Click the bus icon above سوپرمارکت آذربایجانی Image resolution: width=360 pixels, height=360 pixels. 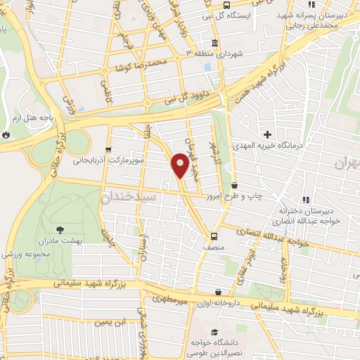(108, 149)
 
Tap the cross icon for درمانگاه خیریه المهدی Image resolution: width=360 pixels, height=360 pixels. (267, 134)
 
